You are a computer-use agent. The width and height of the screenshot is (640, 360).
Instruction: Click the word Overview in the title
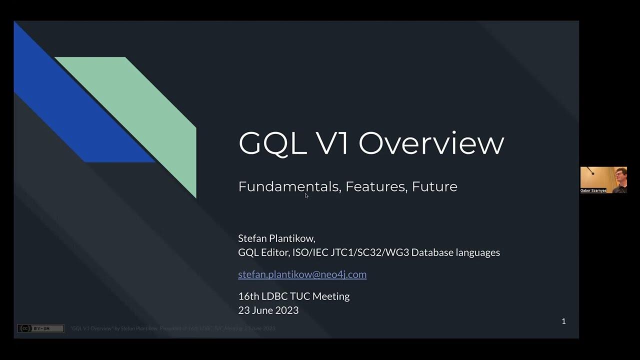click(431, 143)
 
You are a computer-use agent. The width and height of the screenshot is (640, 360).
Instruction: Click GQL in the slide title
click(272, 143)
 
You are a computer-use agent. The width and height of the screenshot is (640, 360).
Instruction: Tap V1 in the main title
click(333, 143)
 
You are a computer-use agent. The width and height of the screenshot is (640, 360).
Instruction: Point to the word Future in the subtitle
click(434, 186)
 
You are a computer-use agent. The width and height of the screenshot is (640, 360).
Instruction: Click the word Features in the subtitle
click(375, 186)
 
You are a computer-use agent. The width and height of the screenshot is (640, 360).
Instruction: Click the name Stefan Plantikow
click(276, 238)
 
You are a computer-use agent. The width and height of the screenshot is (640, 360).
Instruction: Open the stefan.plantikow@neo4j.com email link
click(302, 274)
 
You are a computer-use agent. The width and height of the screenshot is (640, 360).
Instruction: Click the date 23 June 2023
click(268, 310)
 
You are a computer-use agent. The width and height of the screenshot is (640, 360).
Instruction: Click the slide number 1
click(563, 321)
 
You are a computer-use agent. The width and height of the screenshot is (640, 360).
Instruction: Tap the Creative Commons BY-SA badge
click(40, 328)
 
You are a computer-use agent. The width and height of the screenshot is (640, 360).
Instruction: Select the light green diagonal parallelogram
click(150, 110)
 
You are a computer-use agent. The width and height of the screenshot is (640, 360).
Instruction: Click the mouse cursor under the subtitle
click(306, 195)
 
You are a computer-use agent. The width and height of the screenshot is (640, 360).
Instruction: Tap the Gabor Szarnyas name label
click(593, 190)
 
